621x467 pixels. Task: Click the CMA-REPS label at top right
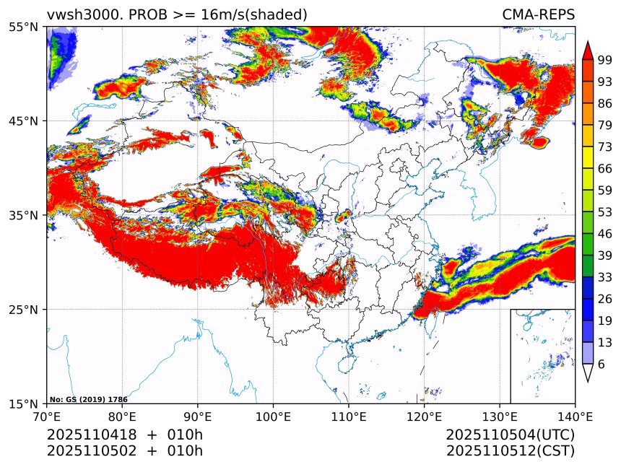click(x=538, y=14)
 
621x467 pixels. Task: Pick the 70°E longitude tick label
click(x=47, y=416)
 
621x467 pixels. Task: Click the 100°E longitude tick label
click(x=273, y=416)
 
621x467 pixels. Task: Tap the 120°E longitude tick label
click(x=424, y=416)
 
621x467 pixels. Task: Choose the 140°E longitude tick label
click(x=575, y=416)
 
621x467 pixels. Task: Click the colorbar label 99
click(x=605, y=61)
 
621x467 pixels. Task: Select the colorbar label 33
click(x=605, y=277)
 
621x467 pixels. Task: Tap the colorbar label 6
click(x=602, y=365)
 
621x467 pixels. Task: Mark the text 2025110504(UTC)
click(x=510, y=435)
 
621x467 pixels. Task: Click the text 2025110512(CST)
click(x=510, y=452)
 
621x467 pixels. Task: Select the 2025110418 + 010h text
click(x=124, y=435)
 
